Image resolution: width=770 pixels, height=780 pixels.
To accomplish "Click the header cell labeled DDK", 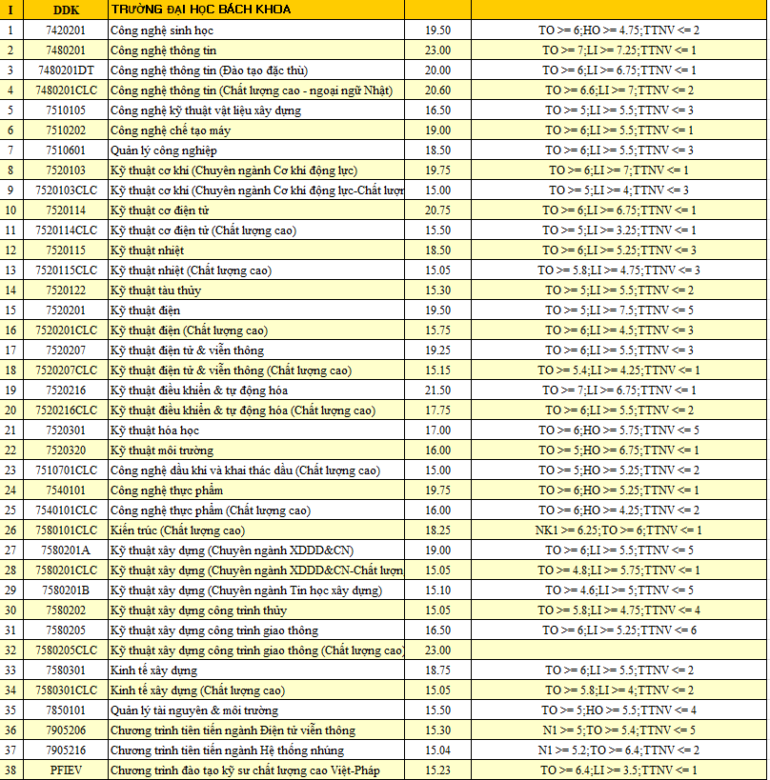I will pos(66,10).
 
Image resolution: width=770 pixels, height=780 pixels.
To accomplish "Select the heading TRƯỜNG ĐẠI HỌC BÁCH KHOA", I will pos(201,10).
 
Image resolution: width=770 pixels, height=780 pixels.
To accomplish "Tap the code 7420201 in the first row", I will pos(66,30).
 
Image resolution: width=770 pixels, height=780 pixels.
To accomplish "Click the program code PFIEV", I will pos(66,770).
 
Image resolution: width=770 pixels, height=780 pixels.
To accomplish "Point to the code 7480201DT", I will pos(66,70).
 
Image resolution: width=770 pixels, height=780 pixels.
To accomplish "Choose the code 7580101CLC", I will pos(66,530).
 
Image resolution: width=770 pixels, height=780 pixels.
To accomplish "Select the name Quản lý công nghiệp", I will pos(164,150).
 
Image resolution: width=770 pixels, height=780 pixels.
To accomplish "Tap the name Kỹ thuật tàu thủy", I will pos(156,290).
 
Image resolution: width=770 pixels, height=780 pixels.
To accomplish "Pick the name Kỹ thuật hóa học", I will pos(155,430).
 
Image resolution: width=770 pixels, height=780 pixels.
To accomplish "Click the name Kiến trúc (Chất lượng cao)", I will pos(177,530).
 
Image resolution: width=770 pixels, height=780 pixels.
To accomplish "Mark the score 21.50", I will pos(437,390).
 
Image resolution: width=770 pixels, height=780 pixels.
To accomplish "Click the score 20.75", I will pos(437,210).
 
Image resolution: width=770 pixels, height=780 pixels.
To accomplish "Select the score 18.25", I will pos(437,530).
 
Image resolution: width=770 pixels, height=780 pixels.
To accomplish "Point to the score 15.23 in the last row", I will pos(437,770).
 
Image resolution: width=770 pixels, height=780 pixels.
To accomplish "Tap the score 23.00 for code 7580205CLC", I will pos(437,650).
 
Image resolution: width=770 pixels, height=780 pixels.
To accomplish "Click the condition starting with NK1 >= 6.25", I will pos(618,530).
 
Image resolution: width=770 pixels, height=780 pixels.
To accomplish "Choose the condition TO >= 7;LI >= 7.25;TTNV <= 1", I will pos(618,50).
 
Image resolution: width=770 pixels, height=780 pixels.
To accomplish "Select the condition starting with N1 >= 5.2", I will pos(618,750).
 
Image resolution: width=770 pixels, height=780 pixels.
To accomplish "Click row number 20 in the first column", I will pos(10,410).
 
